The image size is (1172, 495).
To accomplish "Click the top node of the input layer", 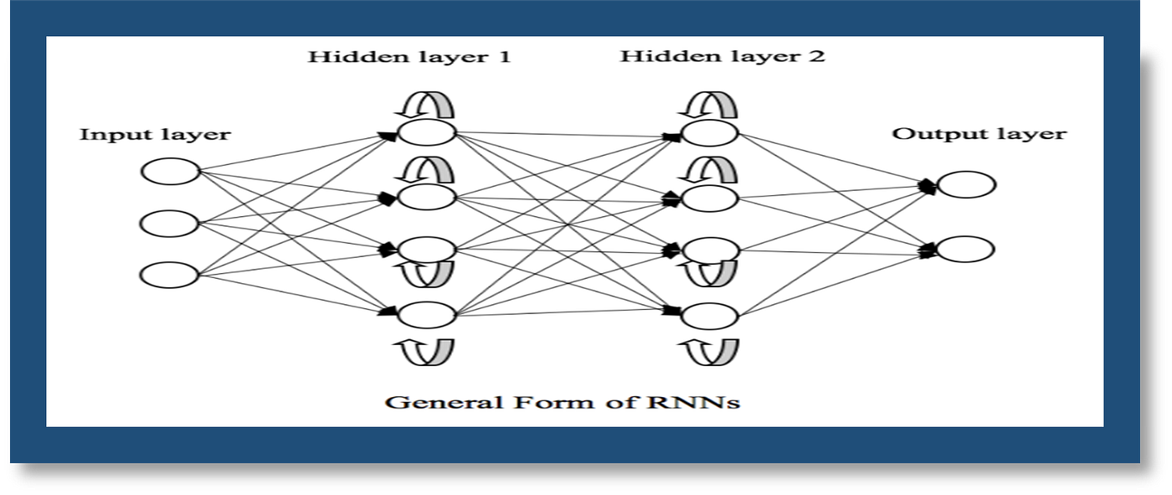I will pos(171,173).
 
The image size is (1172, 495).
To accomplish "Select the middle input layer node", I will pos(170,224).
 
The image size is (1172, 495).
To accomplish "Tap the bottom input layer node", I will pos(169,275).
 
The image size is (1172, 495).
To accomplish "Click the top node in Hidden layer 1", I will pos(427,133).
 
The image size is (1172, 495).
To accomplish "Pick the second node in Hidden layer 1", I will pos(427,198).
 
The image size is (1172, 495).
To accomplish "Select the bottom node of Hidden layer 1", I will pos(427,315).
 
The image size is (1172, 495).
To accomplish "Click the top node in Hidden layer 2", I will pos(710,133).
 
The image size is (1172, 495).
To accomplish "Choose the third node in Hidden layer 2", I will pos(710,250).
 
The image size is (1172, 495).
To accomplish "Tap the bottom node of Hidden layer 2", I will pos(710,316).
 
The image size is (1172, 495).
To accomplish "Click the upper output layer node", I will pos(967,185).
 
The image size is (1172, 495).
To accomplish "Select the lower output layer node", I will pos(966,249).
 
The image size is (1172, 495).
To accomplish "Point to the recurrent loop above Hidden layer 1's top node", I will pos(425,105).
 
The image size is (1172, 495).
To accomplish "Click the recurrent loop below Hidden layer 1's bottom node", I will pos(425,351).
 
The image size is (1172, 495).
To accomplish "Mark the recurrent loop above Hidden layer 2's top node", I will pos(708,105).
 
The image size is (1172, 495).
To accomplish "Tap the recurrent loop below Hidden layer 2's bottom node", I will pos(710,352).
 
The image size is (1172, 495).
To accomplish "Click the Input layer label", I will pos(155,135).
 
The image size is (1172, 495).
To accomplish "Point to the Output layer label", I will pos(979,134).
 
